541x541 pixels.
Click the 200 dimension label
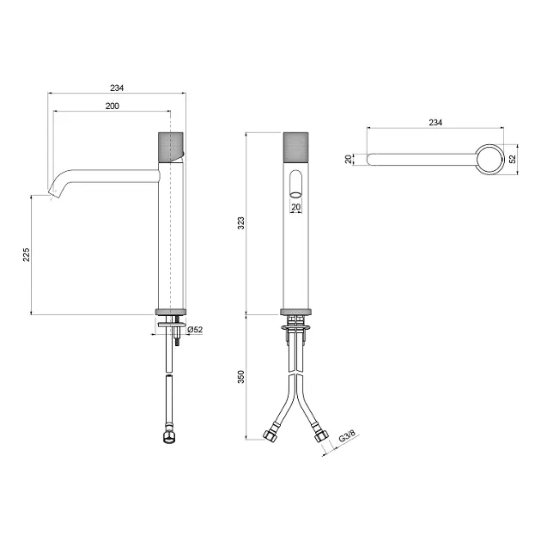tap(112, 106)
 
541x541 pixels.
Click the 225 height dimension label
tap(27, 255)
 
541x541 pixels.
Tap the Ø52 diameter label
tap(195, 330)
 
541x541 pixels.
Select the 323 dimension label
tap(240, 223)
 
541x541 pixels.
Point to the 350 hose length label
tap(240, 376)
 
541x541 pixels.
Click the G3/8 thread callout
tap(347, 436)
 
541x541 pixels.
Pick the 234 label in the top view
tap(435, 123)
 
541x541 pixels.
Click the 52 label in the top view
tap(513, 159)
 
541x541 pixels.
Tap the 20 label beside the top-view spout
tap(349, 159)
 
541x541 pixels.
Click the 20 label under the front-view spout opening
tap(296, 207)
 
